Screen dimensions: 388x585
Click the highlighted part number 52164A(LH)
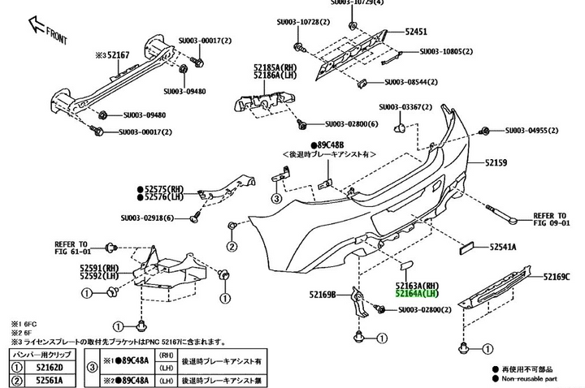point(417,294)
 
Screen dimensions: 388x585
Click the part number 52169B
point(323,294)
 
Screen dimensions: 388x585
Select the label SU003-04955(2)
point(538,130)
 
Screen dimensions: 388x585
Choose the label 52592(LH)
point(99,276)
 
